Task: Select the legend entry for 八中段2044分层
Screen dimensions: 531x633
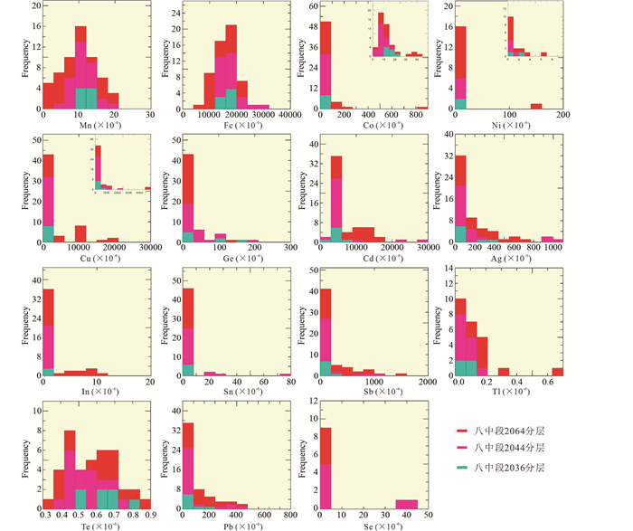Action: point(507,448)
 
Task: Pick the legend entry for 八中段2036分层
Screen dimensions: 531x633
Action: point(507,467)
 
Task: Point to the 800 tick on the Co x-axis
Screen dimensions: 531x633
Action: point(418,117)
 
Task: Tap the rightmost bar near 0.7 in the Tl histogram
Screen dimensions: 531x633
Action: point(557,372)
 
